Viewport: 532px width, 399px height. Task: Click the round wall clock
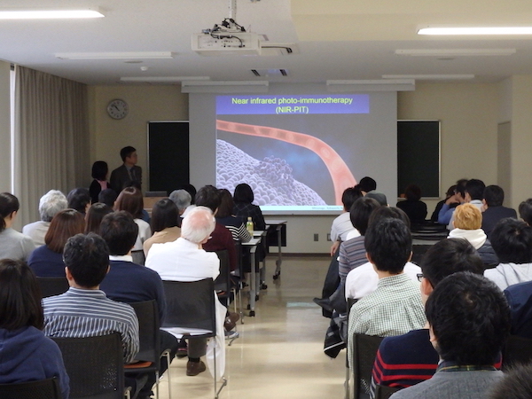tap(118, 109)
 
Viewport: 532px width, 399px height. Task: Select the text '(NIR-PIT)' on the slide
tap(292, 110)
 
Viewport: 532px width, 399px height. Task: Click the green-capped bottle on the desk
tap(250, 225)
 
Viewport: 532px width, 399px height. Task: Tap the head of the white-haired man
tap(198, 224)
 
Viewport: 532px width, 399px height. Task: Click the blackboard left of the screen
tap(168, 156)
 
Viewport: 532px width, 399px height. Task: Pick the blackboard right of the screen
tap(419, 159)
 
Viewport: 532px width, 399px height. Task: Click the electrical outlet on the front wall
tap(316, 237)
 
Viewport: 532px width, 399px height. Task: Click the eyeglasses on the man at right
tap(420, 278)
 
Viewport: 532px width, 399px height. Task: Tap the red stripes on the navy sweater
tap(403, 368)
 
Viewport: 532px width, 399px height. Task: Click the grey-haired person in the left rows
tap(48, 216)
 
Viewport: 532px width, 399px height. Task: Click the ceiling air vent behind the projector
tap(270, 73)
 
